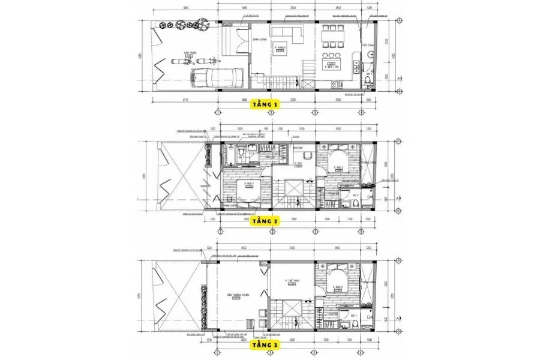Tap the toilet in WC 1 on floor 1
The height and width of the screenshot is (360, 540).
pyautogui.click(x=368, y=82)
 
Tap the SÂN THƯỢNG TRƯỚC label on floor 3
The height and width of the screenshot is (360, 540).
pyautogui.click(x=233, y=295)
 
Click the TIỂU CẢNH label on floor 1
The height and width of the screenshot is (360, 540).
pyautogui.click(x=368, y=45)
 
